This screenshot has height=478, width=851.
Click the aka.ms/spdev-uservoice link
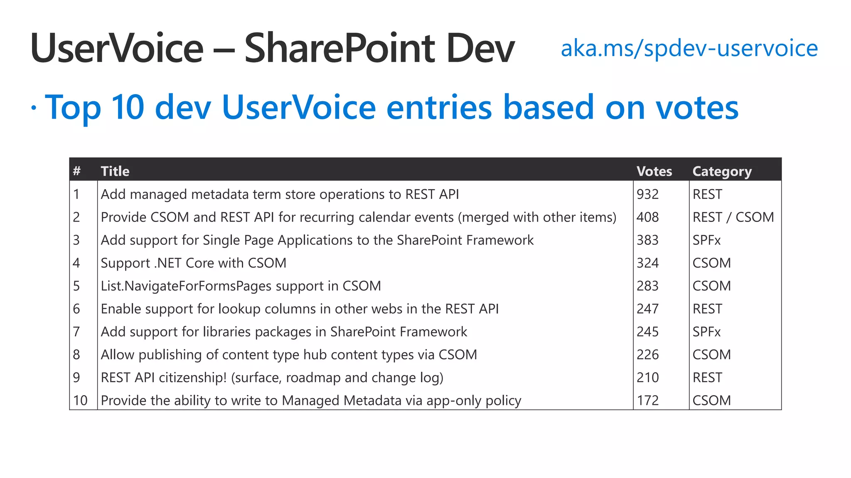click(689, 49)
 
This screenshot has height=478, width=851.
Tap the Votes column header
click(654, 171)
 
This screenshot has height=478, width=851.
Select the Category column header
click(722, 171)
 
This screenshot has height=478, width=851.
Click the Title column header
click(115, 171)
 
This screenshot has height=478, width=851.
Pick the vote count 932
click(647, 194)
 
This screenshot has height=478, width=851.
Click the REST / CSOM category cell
click(733, 217)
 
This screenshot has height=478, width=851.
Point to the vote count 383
click(647, 240)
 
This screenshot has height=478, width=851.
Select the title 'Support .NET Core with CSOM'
click(193, 263)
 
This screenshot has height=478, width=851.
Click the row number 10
click(80, 400)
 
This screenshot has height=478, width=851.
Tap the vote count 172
click(647, 400)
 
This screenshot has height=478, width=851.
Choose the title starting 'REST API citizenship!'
click(272, 378)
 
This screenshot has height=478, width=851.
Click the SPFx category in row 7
click(706, 332)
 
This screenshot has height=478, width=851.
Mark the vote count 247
click(647, 309)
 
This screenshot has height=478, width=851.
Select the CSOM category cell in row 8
click(711, 355)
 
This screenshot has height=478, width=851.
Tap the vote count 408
click(647, 217)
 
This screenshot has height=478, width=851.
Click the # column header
click(77, 171)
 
